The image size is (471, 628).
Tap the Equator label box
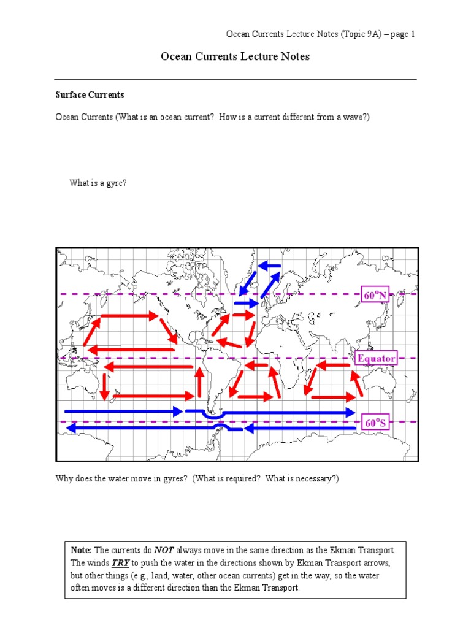coord(377,358)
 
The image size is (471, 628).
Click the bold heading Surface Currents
coord(90,95)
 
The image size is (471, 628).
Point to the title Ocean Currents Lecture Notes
coord(235,57)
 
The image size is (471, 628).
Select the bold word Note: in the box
coord(82,550)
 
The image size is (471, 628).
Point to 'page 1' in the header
coord(402,34)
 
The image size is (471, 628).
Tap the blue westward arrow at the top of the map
coord(269,266)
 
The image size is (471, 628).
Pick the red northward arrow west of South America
coord(199,383)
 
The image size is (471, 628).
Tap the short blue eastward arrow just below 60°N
coord(247,303)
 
